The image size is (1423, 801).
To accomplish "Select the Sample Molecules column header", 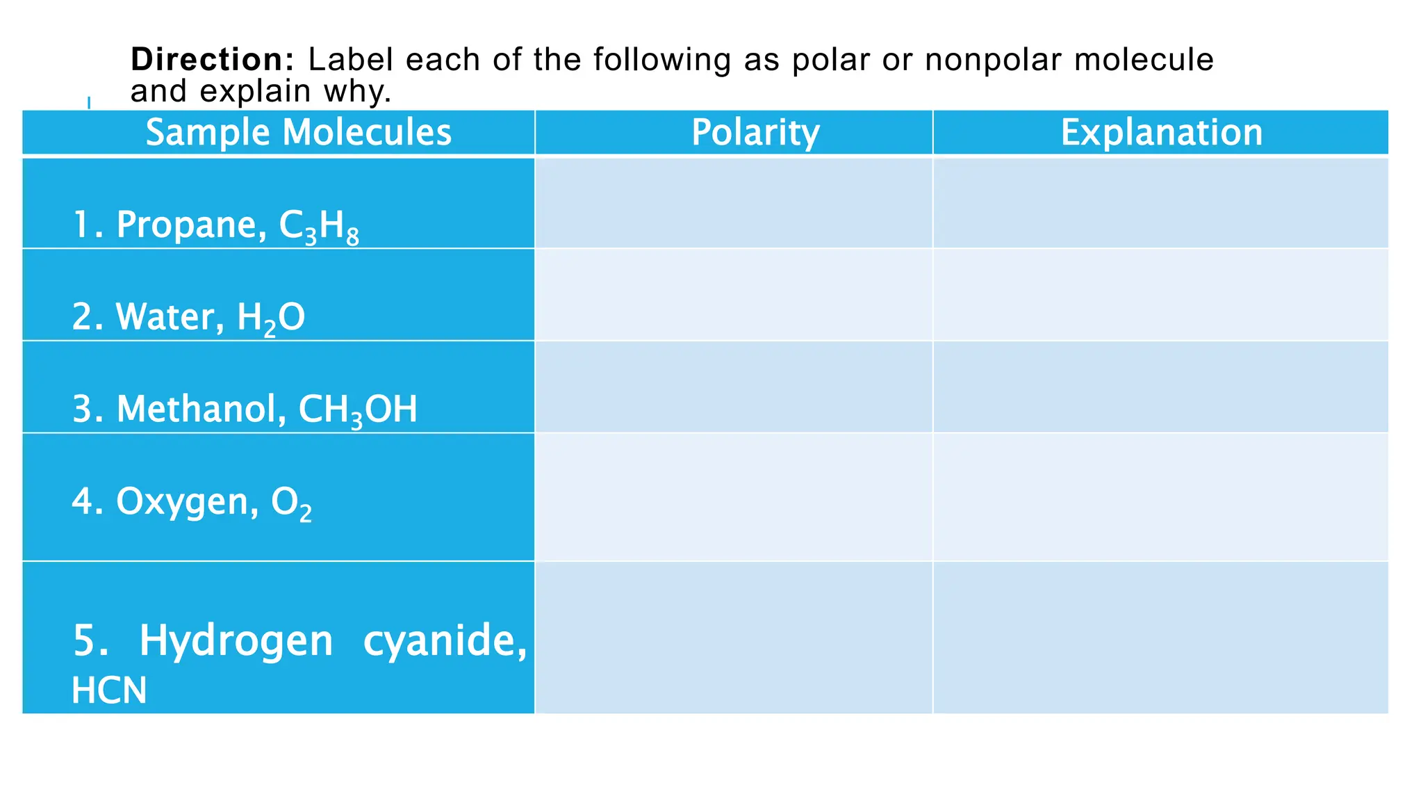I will (298, 132).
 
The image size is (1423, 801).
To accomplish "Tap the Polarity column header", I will (755, 132).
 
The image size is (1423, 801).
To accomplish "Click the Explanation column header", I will (1161, 132).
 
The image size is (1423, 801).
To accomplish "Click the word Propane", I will (190, 225).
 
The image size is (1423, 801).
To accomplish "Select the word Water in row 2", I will (170, 317).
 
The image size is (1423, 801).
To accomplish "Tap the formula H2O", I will (271, 318).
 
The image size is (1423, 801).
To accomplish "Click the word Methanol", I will (201, 409).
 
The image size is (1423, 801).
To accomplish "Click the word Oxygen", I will (187, 502).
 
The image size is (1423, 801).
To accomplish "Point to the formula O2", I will (291, 503).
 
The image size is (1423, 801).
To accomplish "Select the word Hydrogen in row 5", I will (236, 641).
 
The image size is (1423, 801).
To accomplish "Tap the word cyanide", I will (445, 641).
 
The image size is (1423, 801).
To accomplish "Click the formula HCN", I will (109, 690).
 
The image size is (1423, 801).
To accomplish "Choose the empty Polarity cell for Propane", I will (733, 203).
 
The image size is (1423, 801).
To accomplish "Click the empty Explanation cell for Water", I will (1160, 295).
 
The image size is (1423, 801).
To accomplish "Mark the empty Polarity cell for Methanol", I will (733, 387).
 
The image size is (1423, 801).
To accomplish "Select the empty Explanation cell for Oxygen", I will (1160, 497).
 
